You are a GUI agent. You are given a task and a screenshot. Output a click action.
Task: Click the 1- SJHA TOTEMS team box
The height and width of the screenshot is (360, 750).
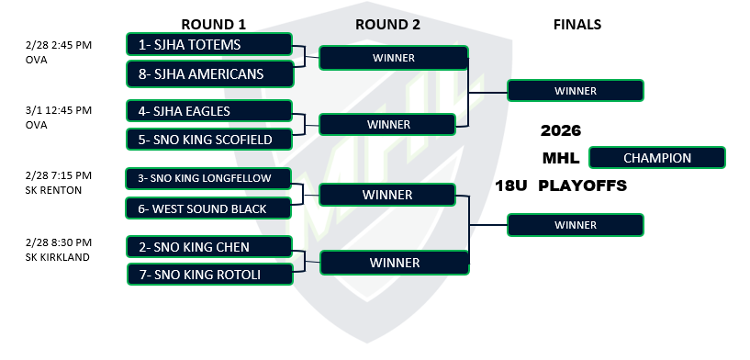click(x=209, y=44)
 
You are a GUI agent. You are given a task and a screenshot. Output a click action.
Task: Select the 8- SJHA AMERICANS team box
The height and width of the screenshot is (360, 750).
click(x=210, y=73)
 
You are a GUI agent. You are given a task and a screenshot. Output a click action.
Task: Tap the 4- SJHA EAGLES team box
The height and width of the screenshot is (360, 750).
click(x=209, y=111)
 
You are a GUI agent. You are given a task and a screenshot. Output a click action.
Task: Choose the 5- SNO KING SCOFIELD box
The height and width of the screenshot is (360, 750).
click(x=209, y=140)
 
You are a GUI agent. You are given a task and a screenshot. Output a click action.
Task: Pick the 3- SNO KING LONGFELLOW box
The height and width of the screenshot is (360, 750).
click(x=208, y=178)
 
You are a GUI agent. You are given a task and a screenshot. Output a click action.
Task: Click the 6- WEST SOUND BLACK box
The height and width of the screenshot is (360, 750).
click(x=208, y=208)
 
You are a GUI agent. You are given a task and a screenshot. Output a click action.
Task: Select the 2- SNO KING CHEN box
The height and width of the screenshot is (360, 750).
click(x=209, y=247)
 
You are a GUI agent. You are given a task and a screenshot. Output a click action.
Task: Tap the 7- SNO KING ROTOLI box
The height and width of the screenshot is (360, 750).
click(x=210, y=275)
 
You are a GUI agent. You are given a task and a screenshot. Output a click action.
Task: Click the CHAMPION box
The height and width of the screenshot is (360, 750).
click(x=657, y=158)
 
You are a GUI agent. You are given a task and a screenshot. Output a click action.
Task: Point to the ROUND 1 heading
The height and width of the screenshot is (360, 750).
click(x=213, y=25)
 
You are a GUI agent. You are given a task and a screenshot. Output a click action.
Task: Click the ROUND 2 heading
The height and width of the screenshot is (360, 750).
click(x=388, y=25)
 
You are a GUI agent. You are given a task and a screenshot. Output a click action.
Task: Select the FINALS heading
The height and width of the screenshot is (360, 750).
click(x=577, y=25)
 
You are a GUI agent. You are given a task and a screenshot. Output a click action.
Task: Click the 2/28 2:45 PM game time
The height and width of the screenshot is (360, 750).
click(x=59, y=45)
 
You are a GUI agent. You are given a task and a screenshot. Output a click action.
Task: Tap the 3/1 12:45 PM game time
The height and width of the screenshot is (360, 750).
click(x=59, y=110)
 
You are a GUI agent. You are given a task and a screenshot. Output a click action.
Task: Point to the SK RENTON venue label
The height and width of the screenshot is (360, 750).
click(x=53, y=190)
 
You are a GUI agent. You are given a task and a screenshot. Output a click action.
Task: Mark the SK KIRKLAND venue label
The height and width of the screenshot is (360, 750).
click(x=58, y=257)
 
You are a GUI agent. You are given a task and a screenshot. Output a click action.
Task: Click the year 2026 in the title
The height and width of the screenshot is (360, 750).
click(x=561, y=130)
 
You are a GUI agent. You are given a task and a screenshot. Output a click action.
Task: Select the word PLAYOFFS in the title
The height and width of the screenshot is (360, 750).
click(x=583, y=186)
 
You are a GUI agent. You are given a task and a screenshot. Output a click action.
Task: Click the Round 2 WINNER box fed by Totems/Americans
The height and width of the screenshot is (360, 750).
click(x=394, y=58)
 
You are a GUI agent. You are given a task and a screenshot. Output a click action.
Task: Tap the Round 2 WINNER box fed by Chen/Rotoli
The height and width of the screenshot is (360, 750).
click(x=395, y=263)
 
